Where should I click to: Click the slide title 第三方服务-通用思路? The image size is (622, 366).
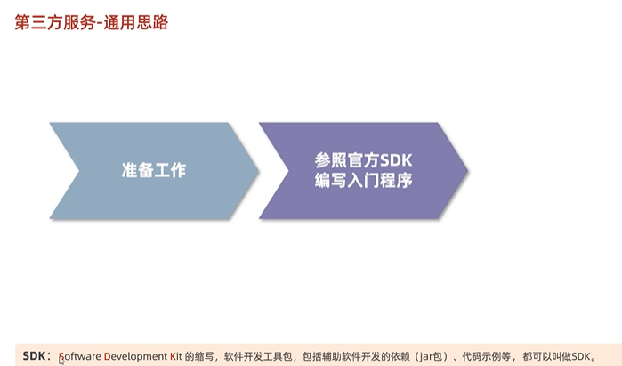click(x=92, y=22)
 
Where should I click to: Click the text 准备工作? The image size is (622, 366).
click(x=153, y=170)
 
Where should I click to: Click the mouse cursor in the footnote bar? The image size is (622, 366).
click(x=61, y=360)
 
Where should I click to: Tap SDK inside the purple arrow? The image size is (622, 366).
click(x=397, y=160)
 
